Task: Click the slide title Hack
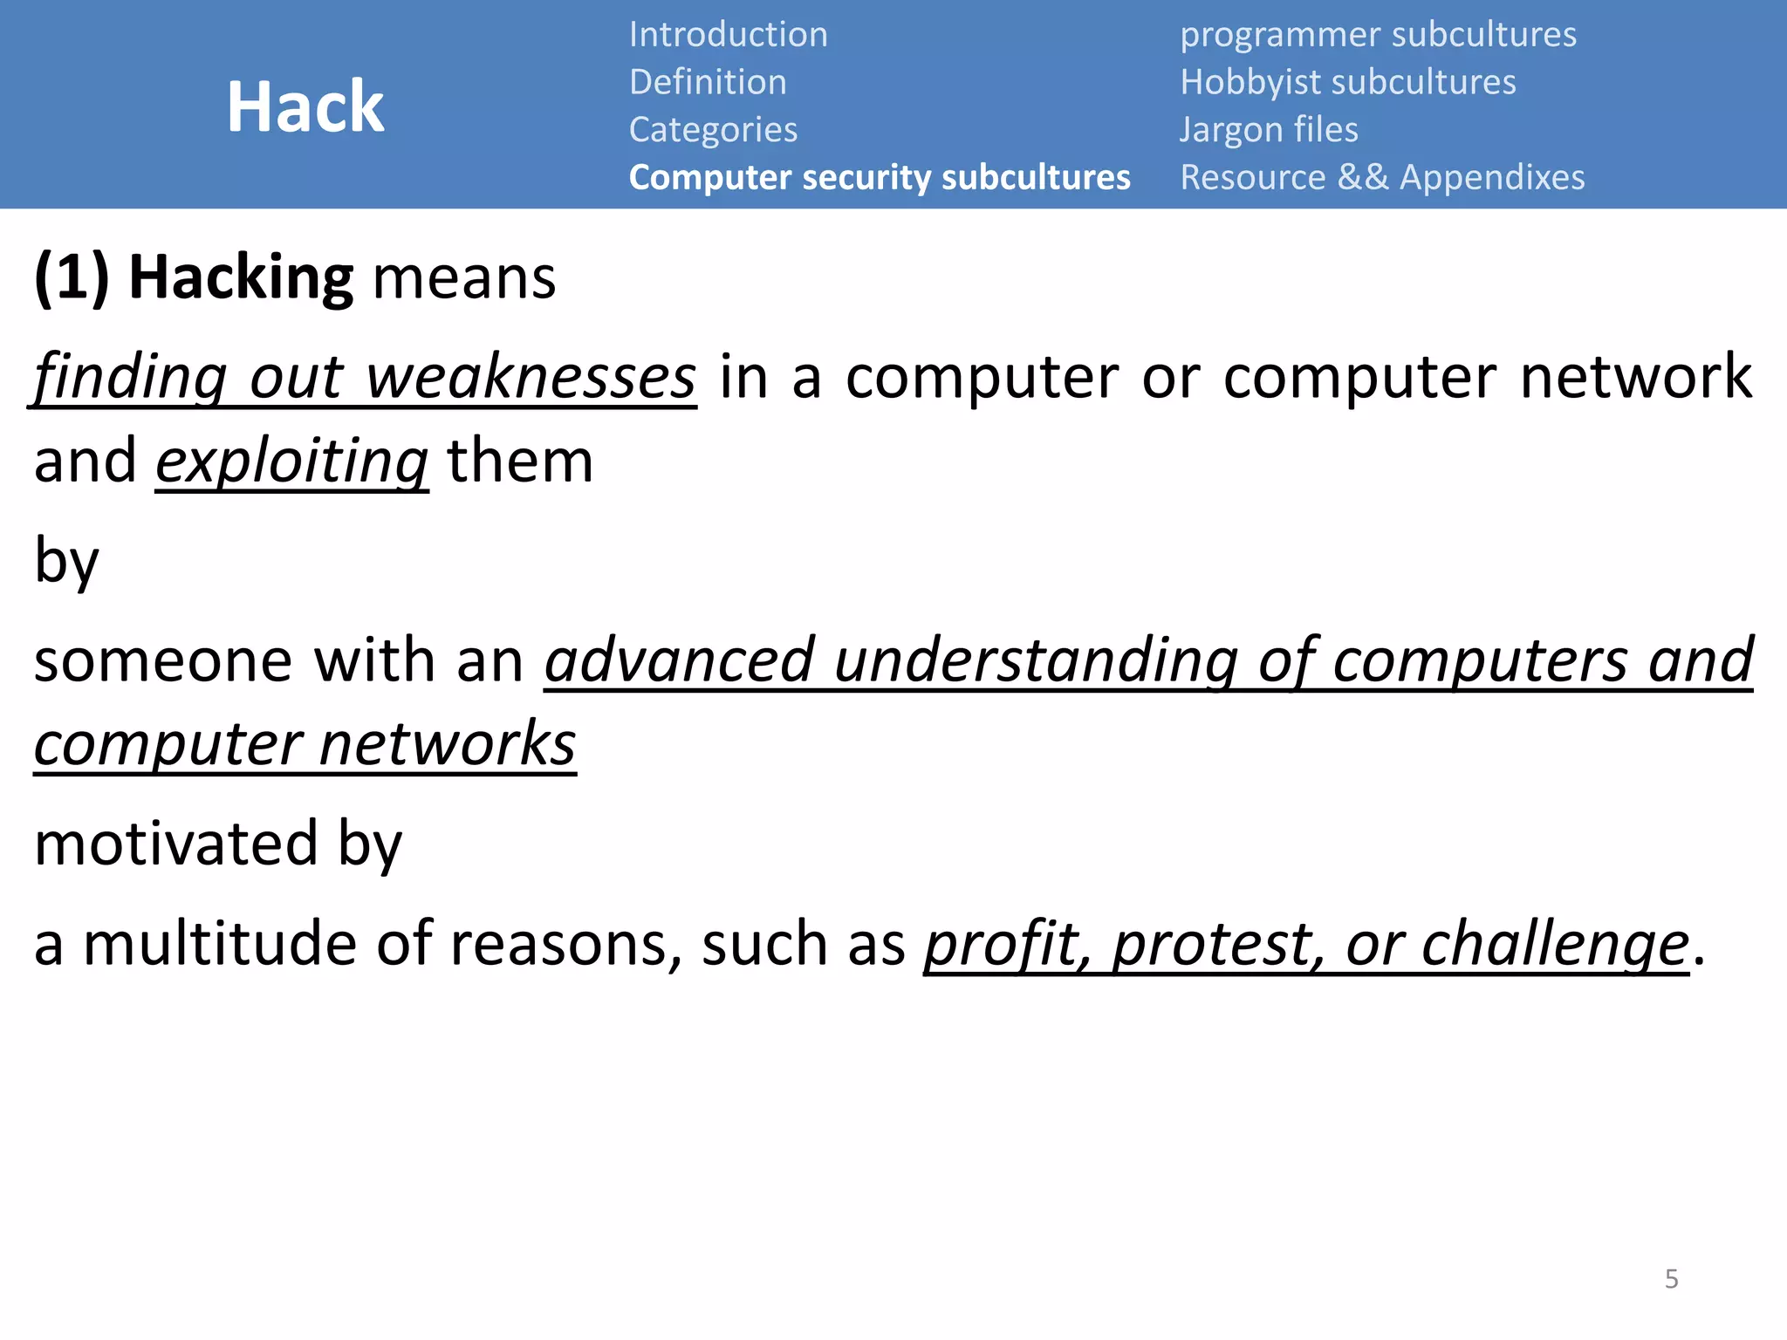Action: pyautogui.click(x=305, y=106)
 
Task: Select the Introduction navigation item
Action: pyautogui.click(x=728, y=35)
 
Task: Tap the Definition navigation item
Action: pyautogui.click(x=708, y=82)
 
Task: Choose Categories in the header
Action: pyautogui.click(x=713, y=130)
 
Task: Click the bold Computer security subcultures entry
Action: pyautogui.click(x=880, y=177)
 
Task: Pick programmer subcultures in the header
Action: pyautogui.click(x=1378, y=35)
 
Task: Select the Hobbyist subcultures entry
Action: pyautogui.click(x=1347, y=82)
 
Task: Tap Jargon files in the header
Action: pyautogui.click(x=1269, y=130)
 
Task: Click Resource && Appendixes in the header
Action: pyautogui.click(x=1382, y=177)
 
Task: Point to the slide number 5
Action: pyautogui.click(x=1671, y=1279)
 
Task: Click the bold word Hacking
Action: pyautogui.click(x=241, y=277)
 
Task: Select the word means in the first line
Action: pyautogui.click(x=464, y=279)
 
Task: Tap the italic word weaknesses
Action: pyautogui.click(x=531, y=377)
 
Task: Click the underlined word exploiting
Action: pyautogui.click(x=291, y=461)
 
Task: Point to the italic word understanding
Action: pyautogui.click(x=1036, y=660)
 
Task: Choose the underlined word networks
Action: pyautogui.click(x=448, y=744)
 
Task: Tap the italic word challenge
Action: pyautogui.click(x=1555, y=945)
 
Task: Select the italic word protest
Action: pyautogui.click(x=1218, y=945)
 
